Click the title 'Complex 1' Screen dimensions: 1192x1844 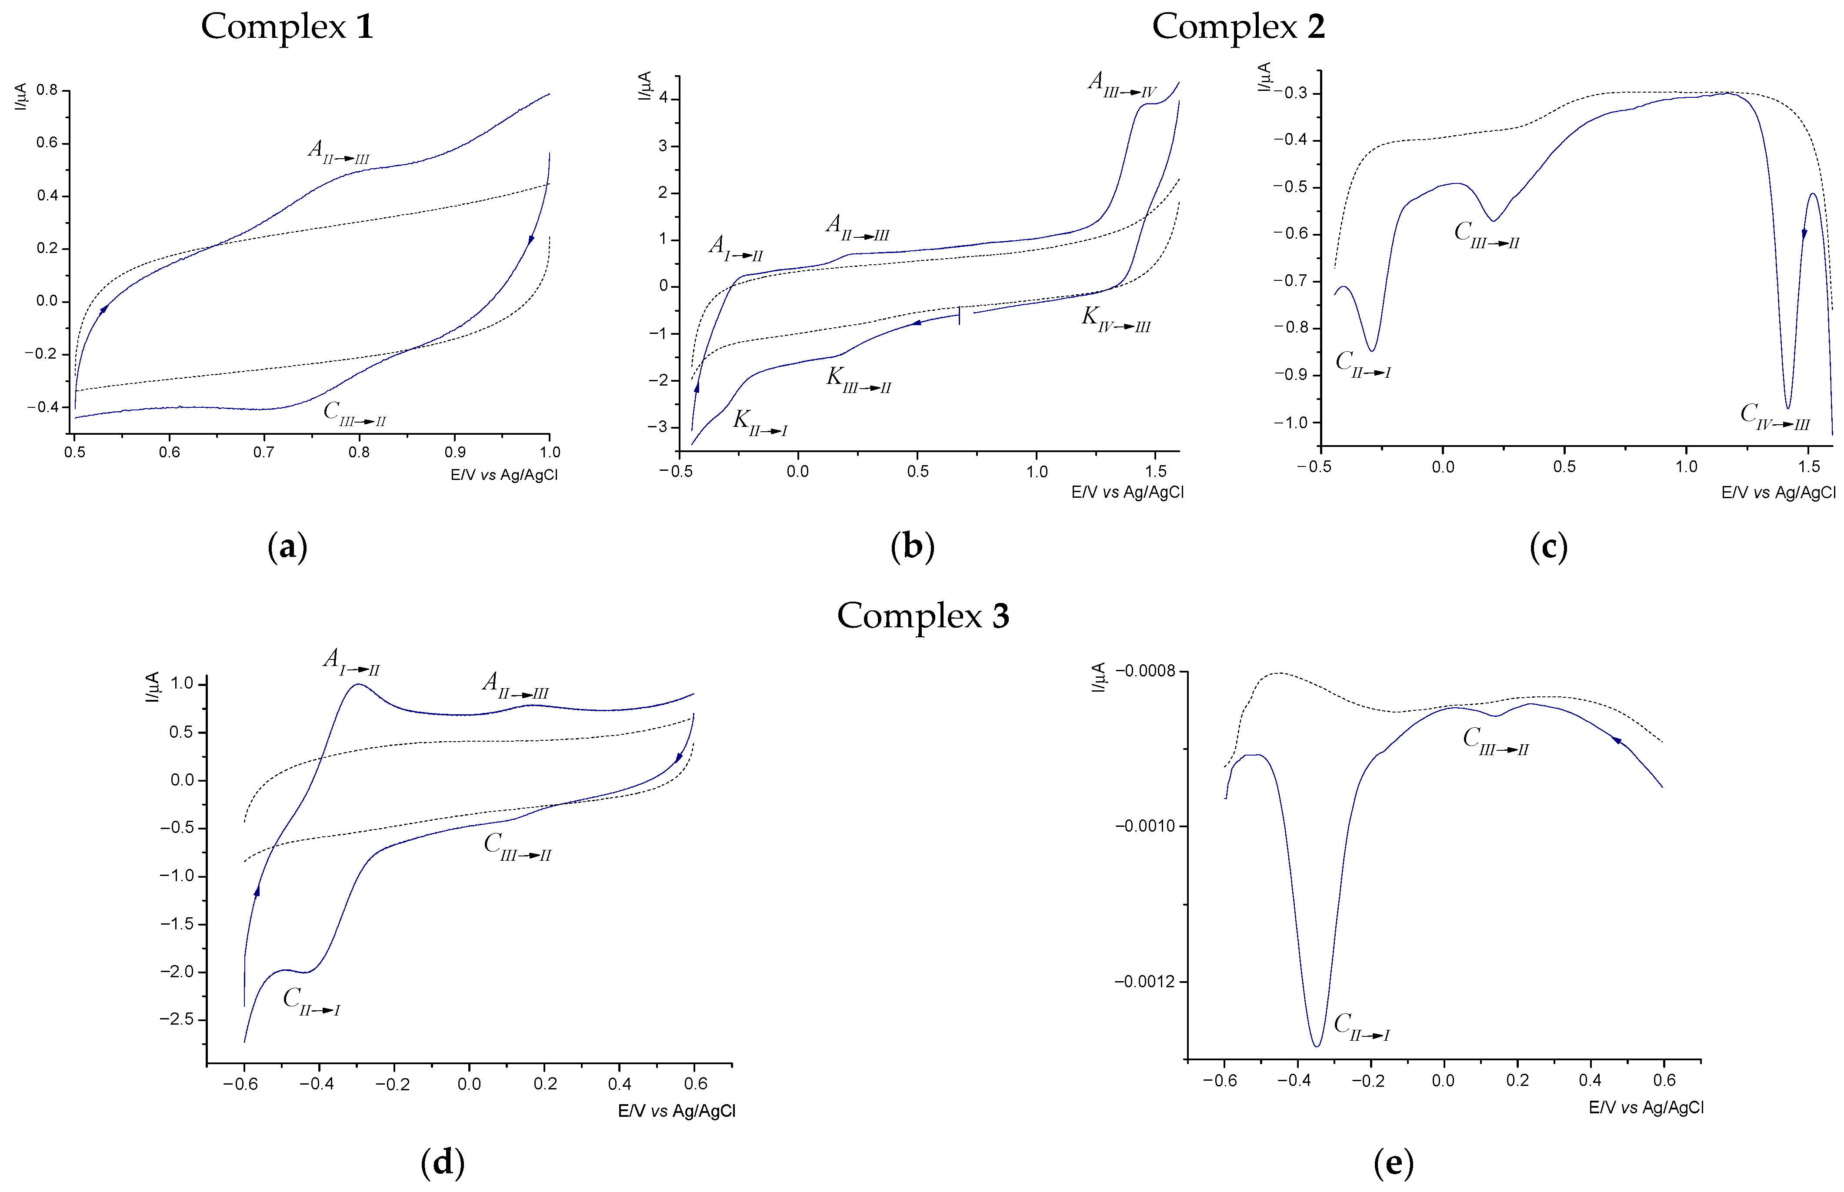coord(287,27)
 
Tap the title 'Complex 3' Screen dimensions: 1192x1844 coord(923,616)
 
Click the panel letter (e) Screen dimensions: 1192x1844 coord(1394,1162)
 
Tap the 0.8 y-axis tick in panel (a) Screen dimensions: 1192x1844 coord(47,90)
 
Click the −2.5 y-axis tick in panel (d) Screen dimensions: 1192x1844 coord(177,1019)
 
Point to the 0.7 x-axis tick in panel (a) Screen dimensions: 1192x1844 coord(264,452)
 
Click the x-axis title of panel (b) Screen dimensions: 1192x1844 coord(1127,492)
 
